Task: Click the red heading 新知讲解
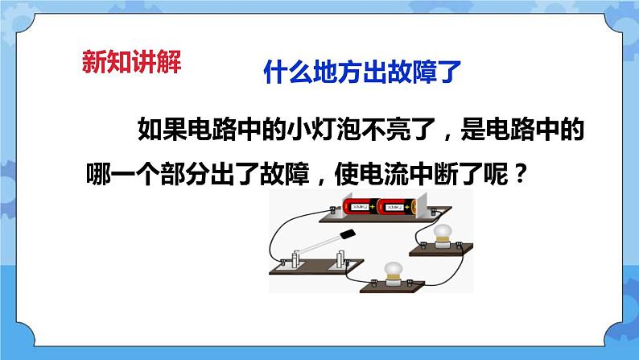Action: point(131,62)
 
